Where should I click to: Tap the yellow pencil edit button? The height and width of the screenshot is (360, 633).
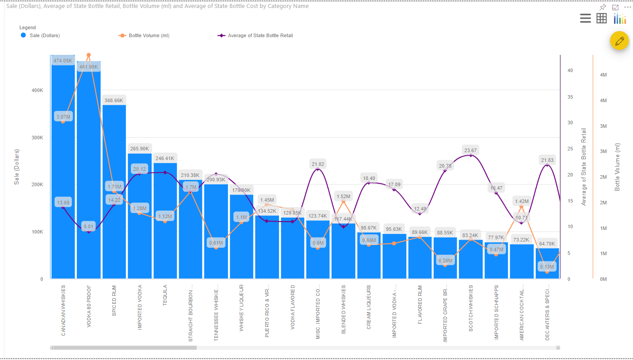[619, 41]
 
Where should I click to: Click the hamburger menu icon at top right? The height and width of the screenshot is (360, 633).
[585, 18]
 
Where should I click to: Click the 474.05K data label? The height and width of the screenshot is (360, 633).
[63, 61]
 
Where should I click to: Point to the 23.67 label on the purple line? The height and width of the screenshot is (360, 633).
[470, 150]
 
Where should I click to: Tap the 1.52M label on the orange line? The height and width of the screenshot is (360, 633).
[343, 196]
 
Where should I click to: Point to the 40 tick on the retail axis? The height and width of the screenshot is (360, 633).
[570, 70]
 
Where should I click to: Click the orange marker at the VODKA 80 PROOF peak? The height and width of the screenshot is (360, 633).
[88, 55]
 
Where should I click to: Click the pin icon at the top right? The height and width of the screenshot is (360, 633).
[602, 8]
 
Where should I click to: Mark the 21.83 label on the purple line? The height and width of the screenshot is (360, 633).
[547, 160]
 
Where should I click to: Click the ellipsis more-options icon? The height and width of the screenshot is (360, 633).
[627, 8]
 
